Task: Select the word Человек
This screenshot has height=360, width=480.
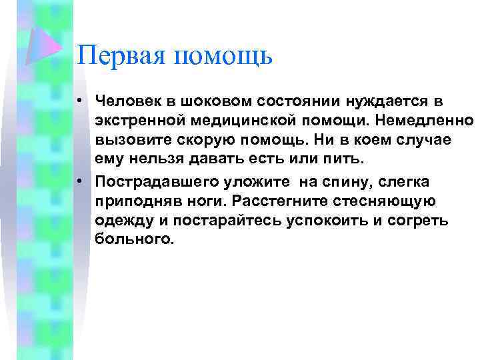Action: click(x=129, y=101)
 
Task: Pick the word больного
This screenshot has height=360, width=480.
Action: click(x=135, y=240)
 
